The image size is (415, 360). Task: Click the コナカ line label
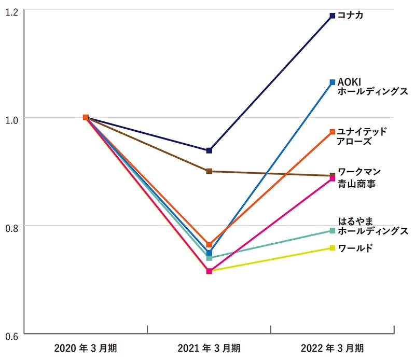coord(350,16)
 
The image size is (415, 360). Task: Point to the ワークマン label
coord(359,172)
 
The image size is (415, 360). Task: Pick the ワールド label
coord(355,248)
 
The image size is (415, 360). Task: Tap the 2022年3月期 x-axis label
coord(332,347)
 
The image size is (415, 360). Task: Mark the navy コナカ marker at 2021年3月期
coord(209,150)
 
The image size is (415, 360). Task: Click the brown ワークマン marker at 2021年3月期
coord(209,171)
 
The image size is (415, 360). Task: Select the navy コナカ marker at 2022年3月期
coord(332,16)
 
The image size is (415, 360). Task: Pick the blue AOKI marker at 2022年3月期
coord(332,82)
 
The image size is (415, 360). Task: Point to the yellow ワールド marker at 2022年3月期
coord(332,247)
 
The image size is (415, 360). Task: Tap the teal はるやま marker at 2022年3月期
coord(332,231)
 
